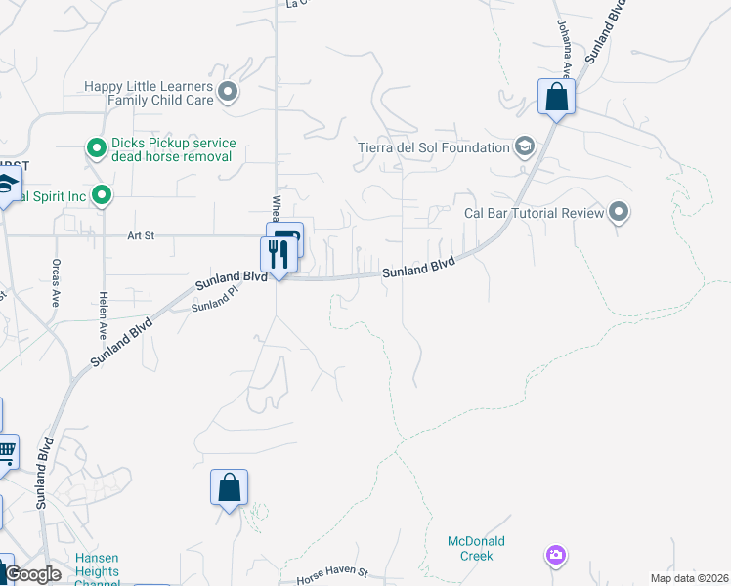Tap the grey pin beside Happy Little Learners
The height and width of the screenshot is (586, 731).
228,93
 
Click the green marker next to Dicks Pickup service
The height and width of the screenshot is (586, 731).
96,148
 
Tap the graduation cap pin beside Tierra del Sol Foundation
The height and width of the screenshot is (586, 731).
525,147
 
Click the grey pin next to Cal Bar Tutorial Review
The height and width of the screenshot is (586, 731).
618,211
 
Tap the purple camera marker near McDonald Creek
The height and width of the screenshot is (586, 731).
555,555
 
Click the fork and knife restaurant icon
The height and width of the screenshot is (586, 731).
279,254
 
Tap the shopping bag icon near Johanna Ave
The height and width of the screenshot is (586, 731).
556,97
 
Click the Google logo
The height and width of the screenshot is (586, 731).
31,574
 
